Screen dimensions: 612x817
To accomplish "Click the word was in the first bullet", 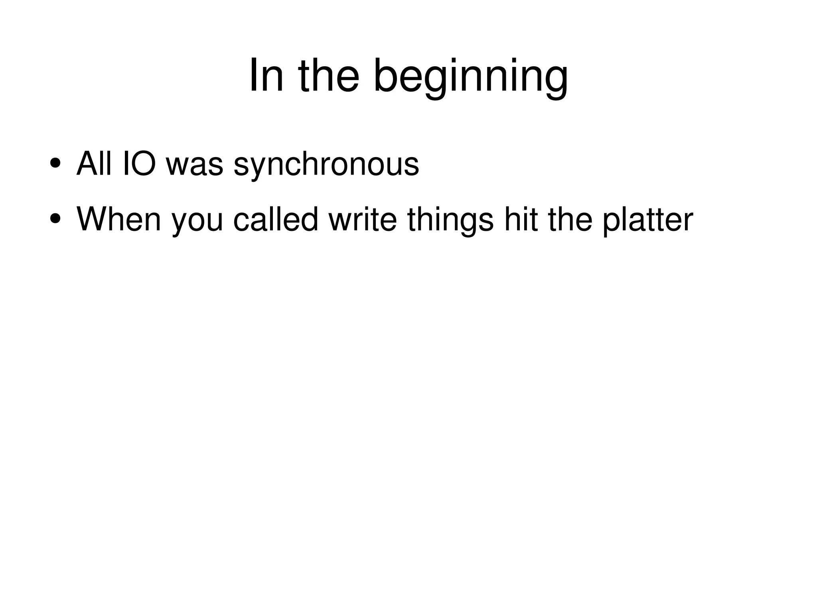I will (x=194, y=164).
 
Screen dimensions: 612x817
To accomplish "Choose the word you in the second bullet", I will (x=197, y=221).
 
